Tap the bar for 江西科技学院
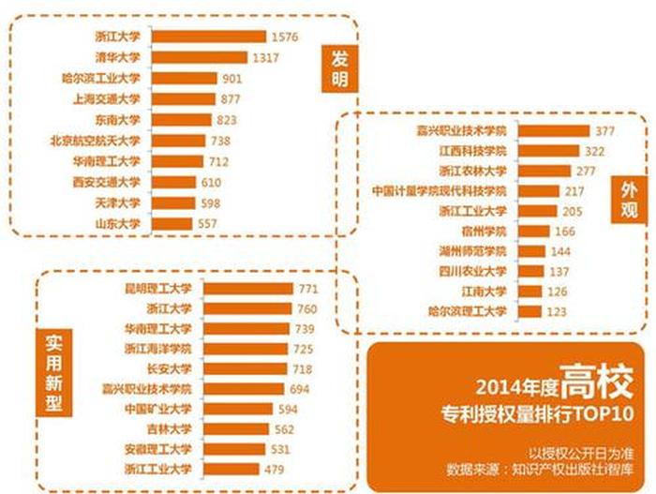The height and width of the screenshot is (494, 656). coord(546,151)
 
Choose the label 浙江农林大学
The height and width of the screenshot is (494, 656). coord(472,171)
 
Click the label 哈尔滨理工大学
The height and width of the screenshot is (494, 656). coord(467,312)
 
